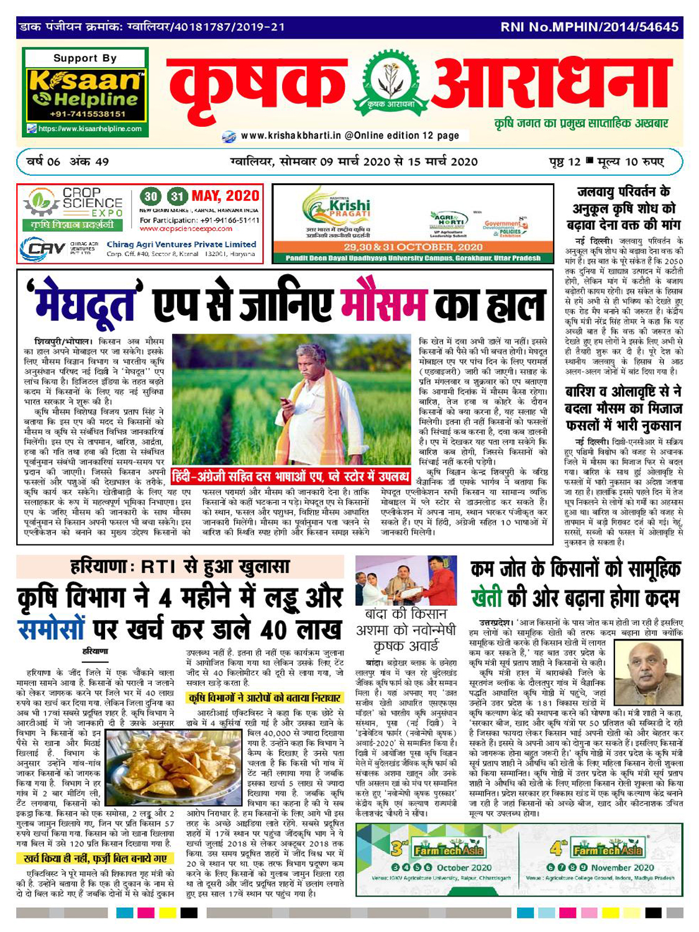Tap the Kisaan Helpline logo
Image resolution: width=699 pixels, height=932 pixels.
click(x=85, y=89)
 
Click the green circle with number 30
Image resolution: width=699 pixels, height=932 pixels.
click(x=150, y=196)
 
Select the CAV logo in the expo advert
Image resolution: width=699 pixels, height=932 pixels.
click(x=43, y=249)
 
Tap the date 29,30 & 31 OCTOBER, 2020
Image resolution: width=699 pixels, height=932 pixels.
click(x=413, y=247)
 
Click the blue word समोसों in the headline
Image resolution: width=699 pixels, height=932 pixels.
click(x=50, y=628)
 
